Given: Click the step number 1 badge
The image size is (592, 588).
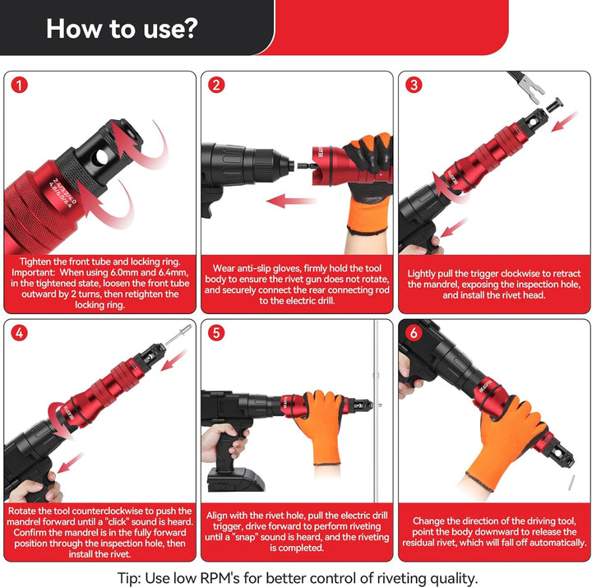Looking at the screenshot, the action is [19, 85].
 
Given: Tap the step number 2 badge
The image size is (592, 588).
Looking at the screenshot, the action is [216, 85].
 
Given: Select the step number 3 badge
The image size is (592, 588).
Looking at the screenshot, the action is [414, 85].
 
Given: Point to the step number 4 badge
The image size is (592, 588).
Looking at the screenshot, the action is [19, 333].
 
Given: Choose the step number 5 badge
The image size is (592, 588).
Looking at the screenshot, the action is [216, 333].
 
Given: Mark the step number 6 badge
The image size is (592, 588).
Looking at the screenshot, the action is [414, 333].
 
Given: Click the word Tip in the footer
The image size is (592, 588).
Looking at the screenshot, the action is [129, 578].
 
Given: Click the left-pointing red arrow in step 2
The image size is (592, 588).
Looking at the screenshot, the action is [291, 201].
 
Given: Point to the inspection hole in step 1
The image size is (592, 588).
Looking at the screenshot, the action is [102, 157].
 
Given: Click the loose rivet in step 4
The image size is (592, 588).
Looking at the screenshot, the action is [178, 334].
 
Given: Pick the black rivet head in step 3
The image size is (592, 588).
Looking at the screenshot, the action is [554, 104].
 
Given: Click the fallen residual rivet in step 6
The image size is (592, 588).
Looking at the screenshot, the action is [571, 482].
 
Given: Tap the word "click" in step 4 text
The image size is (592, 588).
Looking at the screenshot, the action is [117, 522].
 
